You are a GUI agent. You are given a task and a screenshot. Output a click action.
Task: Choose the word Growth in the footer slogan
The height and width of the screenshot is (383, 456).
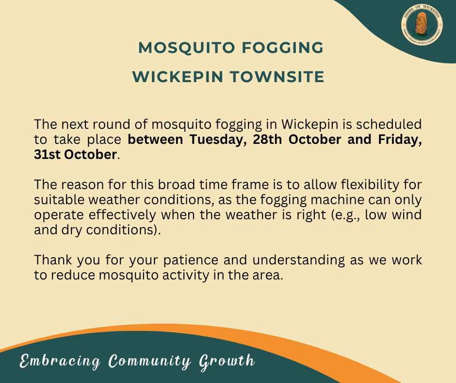(227, 361)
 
